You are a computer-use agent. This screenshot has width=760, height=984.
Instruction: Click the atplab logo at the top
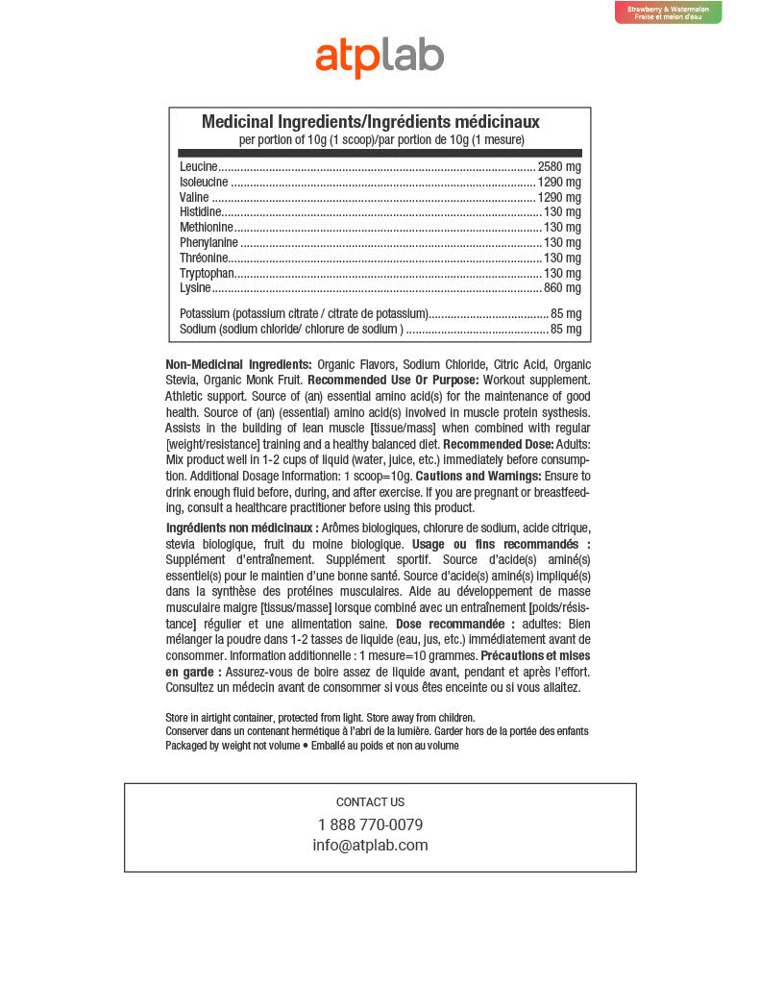pos(380,57)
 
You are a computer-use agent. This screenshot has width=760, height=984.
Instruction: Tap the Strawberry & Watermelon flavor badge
pos(668,12)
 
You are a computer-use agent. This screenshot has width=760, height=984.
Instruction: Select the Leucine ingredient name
pos(199,167)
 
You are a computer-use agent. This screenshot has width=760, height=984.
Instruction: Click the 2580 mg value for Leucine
pos(559,167)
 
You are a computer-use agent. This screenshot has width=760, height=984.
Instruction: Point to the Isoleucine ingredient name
pos(204,183)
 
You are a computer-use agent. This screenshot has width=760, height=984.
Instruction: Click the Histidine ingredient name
pos(201,212)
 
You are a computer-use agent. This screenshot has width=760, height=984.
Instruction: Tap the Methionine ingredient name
pos(206,228)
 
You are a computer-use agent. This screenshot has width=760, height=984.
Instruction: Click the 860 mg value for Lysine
pos(562,288)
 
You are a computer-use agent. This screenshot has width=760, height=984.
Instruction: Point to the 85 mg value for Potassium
pos(565,314)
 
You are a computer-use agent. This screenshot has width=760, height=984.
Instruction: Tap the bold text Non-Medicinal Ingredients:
pos(238,364)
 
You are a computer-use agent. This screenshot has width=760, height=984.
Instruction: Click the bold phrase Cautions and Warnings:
pos(478,477)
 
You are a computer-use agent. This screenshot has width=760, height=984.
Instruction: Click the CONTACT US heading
pos(370,802)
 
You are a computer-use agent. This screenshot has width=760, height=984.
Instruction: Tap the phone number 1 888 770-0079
pos(370,825)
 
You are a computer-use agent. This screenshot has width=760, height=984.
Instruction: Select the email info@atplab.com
pos(370,846)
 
